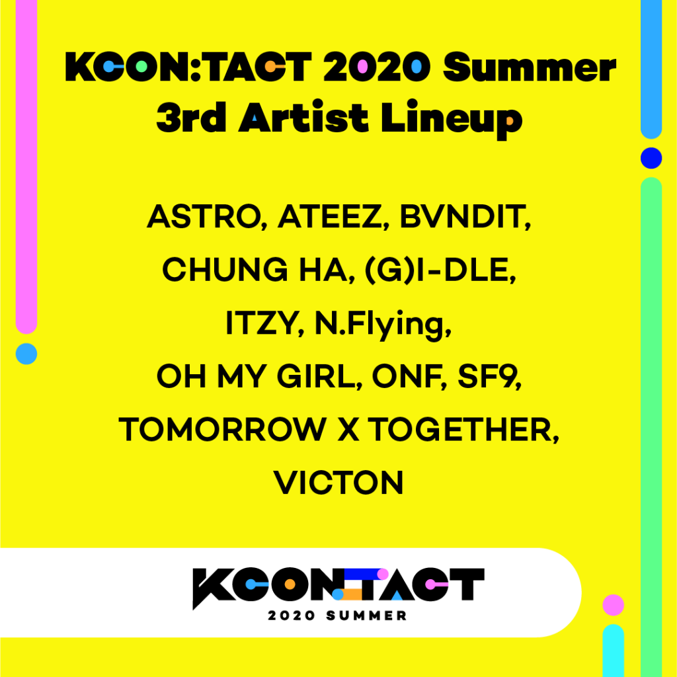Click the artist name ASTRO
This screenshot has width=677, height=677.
click(204, 216)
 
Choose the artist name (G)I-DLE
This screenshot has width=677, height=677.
click(437, 270)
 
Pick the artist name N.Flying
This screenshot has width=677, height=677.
click(379, 325)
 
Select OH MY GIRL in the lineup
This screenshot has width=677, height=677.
click(256, 376)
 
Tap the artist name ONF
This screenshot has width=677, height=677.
click(407, 376)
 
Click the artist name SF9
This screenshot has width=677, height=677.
click(486, 376)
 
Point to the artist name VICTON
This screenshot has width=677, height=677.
click(338, 483)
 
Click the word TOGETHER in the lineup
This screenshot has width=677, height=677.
click(460, 430)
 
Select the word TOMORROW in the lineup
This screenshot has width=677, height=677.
click(222, 430)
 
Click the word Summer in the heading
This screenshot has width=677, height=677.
click(530, 67)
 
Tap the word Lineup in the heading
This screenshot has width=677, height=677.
click(452, 118)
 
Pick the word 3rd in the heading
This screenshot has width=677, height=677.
click(191, 118)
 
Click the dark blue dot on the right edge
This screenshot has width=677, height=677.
click(651, 158)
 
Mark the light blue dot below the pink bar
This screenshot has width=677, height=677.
click(26, 354)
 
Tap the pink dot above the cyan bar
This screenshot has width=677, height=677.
click(613, 605)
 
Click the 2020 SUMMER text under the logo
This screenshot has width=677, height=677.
click(338, 616)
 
